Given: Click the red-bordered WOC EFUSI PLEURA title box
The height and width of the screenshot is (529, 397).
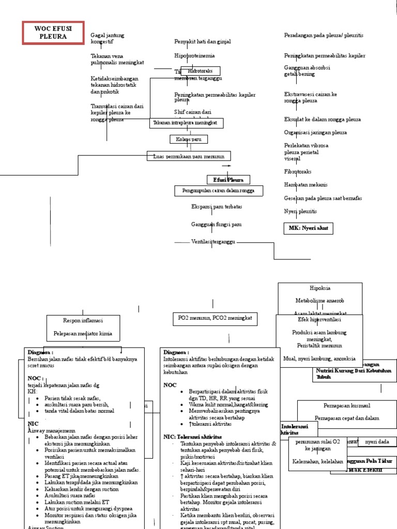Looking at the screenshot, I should coord(53,33).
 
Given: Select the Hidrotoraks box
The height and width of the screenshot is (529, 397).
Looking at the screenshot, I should coord(200,71).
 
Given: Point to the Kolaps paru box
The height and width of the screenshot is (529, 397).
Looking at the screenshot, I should coord(189,139).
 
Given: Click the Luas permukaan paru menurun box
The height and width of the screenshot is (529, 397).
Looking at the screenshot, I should coord(189,156).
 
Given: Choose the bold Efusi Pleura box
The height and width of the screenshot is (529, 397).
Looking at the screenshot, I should coord(228,180).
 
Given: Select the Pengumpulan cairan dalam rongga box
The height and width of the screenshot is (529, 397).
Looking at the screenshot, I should coord(218,191).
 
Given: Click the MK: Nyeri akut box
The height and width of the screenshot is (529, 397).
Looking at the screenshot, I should coord(309,228).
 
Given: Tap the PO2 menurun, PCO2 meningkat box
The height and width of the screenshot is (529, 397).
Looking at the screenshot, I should coord(215,319).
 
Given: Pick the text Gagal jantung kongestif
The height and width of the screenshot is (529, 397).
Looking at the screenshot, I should coord(108,38).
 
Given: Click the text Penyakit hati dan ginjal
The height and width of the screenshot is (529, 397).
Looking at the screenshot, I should coord(202,41).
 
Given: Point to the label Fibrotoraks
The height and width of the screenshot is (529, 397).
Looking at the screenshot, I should coord(298,172).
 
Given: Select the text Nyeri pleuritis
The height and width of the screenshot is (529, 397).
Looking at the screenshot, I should coord(300,211).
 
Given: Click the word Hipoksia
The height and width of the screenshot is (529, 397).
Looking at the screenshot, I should coord(320,288).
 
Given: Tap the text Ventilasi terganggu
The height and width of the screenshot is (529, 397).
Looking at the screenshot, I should coord(213,241).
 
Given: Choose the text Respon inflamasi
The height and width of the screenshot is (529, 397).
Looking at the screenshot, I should coord(83,320).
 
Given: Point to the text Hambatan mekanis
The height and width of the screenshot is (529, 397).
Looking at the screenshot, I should coord(306,184).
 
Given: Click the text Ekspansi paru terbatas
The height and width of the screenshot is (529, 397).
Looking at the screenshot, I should coord(216,207).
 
